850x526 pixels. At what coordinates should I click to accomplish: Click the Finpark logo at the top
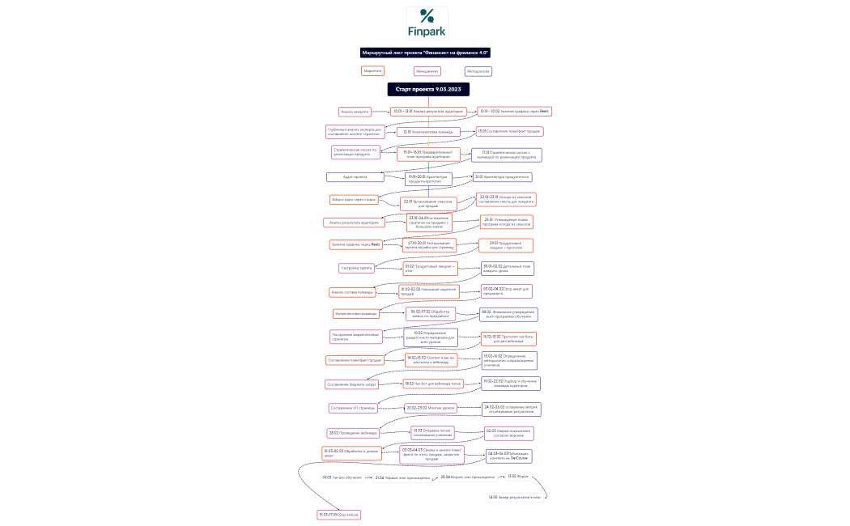427,23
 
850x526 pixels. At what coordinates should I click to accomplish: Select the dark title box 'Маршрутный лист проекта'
427,53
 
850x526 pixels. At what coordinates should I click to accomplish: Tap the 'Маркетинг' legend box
372,71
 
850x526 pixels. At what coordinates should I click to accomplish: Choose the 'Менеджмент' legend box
427,71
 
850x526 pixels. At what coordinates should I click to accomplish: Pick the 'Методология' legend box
478,71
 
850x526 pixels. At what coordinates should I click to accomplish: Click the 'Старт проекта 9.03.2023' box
428,89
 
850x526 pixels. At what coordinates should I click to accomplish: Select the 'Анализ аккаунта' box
355,112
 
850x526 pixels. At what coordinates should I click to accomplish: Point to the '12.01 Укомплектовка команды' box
428,131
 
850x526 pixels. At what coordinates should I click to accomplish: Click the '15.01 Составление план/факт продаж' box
508,131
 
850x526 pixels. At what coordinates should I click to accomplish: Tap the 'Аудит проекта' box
355,176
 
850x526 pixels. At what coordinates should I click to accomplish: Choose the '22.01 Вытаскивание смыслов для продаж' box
428,204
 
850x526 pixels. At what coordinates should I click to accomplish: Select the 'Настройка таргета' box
354,268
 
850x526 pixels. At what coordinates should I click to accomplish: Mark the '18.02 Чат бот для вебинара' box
433,384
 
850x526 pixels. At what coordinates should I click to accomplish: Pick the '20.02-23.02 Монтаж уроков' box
431,408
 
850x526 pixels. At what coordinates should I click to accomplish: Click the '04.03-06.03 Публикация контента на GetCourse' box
508,456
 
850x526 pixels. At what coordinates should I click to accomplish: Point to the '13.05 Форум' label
518,477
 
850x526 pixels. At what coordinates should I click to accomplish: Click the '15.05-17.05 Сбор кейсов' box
338,515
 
